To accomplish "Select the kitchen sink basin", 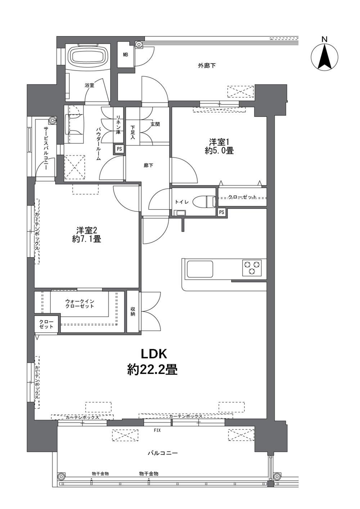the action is (199, 269).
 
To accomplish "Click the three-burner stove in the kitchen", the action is (252, 267).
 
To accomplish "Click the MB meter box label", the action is (125, 55).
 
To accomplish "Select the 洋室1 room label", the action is (219, 143).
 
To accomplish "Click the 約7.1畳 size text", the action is (87, 239).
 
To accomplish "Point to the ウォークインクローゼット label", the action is (80, 303).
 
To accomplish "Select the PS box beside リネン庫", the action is (119, 149).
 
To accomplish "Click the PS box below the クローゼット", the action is (222, 212).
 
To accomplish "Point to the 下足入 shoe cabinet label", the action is (133, 131).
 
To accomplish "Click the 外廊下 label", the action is (207, 66).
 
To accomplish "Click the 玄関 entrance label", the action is (155, 124).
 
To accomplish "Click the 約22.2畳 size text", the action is (152, 370).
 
